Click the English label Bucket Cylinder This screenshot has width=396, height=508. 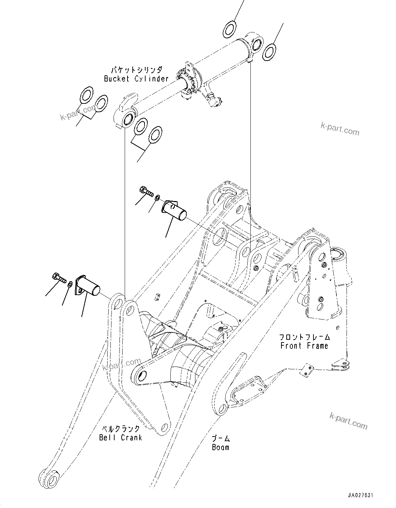click(x=136, y=79)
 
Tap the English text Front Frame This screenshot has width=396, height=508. click(x=304, y=346)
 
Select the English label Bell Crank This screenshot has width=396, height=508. click(x=121, y=438)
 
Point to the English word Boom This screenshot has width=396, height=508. click(x=220, y=447)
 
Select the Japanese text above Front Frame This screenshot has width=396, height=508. click(x=304, y=337)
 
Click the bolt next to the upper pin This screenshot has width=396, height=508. click(x=147, y=191)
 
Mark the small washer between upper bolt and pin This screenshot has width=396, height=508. click(x=157, y=198)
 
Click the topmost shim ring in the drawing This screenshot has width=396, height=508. click(x=230, y=29)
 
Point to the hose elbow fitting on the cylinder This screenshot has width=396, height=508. click(x=213, y=100)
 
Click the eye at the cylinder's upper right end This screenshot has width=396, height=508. click(x=257, y=43)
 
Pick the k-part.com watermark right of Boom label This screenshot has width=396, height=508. click(x=348, y=421)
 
